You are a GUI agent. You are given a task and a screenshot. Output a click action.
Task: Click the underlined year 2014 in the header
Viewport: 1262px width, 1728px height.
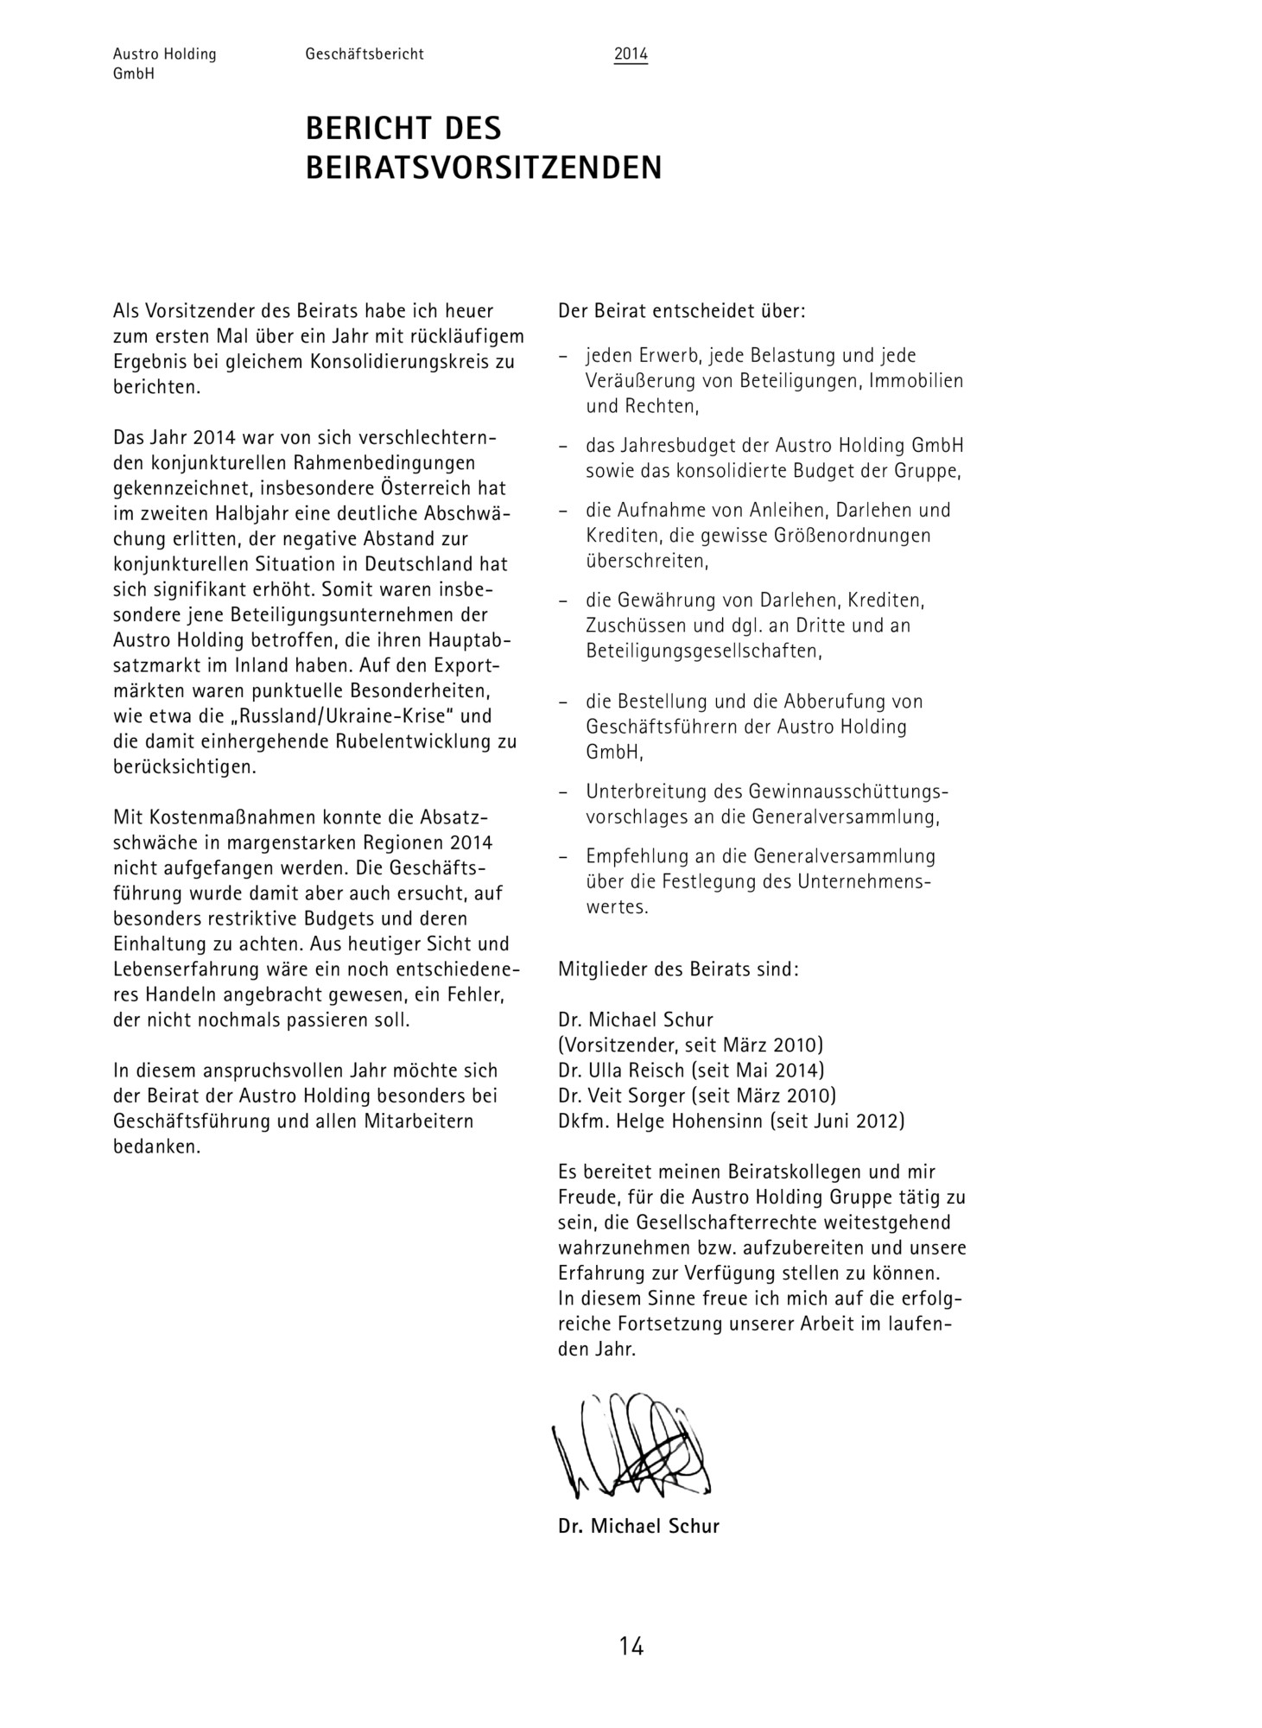631,54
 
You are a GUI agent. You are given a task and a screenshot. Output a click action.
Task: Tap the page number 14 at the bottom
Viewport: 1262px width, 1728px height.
631,1647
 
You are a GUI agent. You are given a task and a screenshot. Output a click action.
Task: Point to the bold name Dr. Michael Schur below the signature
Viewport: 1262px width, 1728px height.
638,1526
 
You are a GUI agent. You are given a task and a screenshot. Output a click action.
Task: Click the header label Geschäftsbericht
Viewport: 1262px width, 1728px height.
365,54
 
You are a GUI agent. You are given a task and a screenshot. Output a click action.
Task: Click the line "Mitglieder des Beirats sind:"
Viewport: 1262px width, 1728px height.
679,969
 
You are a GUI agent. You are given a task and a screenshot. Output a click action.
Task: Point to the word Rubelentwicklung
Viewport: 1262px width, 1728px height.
394,741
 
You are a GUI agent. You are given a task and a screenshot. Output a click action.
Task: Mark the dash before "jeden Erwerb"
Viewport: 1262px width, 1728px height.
563,356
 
